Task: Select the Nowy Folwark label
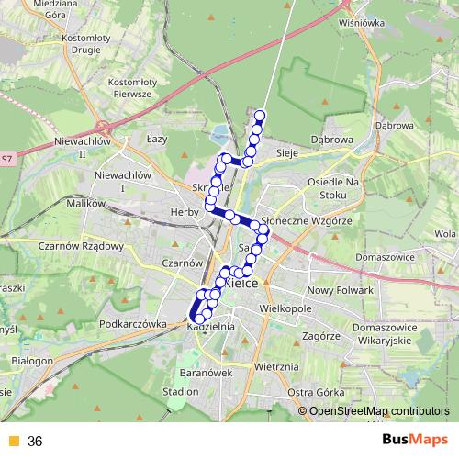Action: tap(341, 291)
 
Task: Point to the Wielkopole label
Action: tap(286, 309)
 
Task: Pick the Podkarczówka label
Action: tap(131, 323)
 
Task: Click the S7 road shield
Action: tap(7, 159)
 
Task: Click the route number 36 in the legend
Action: tap(35, 442)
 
